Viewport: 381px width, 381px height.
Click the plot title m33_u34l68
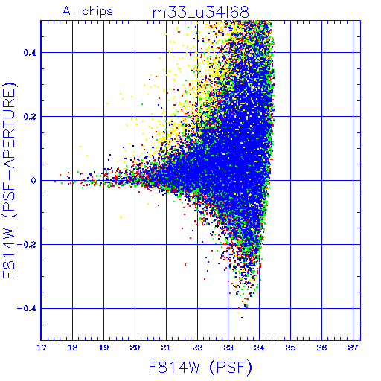point(200,13)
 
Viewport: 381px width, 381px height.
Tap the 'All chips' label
point(88,11)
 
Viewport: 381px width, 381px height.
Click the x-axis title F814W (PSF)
point(200,367)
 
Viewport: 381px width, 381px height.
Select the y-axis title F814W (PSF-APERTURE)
point(9,181)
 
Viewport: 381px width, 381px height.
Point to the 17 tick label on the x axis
point(41,348)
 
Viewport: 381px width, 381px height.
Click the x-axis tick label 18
point(72,348)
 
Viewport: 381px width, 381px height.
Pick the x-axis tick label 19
point(103,348)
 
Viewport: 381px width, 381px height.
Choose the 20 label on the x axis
point(135,348)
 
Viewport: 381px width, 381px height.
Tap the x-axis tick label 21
point(166,348)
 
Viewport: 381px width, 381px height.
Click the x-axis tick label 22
point(197,348)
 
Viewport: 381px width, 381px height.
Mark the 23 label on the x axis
point(228,348)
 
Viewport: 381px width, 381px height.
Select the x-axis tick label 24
point(259,348)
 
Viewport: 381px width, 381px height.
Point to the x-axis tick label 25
point(290,348)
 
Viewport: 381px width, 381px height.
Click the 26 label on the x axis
point(321,348)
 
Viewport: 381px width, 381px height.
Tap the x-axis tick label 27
point(353,348)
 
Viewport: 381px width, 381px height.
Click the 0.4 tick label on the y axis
point(30,53)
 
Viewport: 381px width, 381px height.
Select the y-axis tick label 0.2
point(30,117)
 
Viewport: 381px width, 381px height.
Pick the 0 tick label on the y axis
point(33,181)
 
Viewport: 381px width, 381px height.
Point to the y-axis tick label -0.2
point(27,245)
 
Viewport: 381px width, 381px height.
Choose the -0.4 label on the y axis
point(27,309)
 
